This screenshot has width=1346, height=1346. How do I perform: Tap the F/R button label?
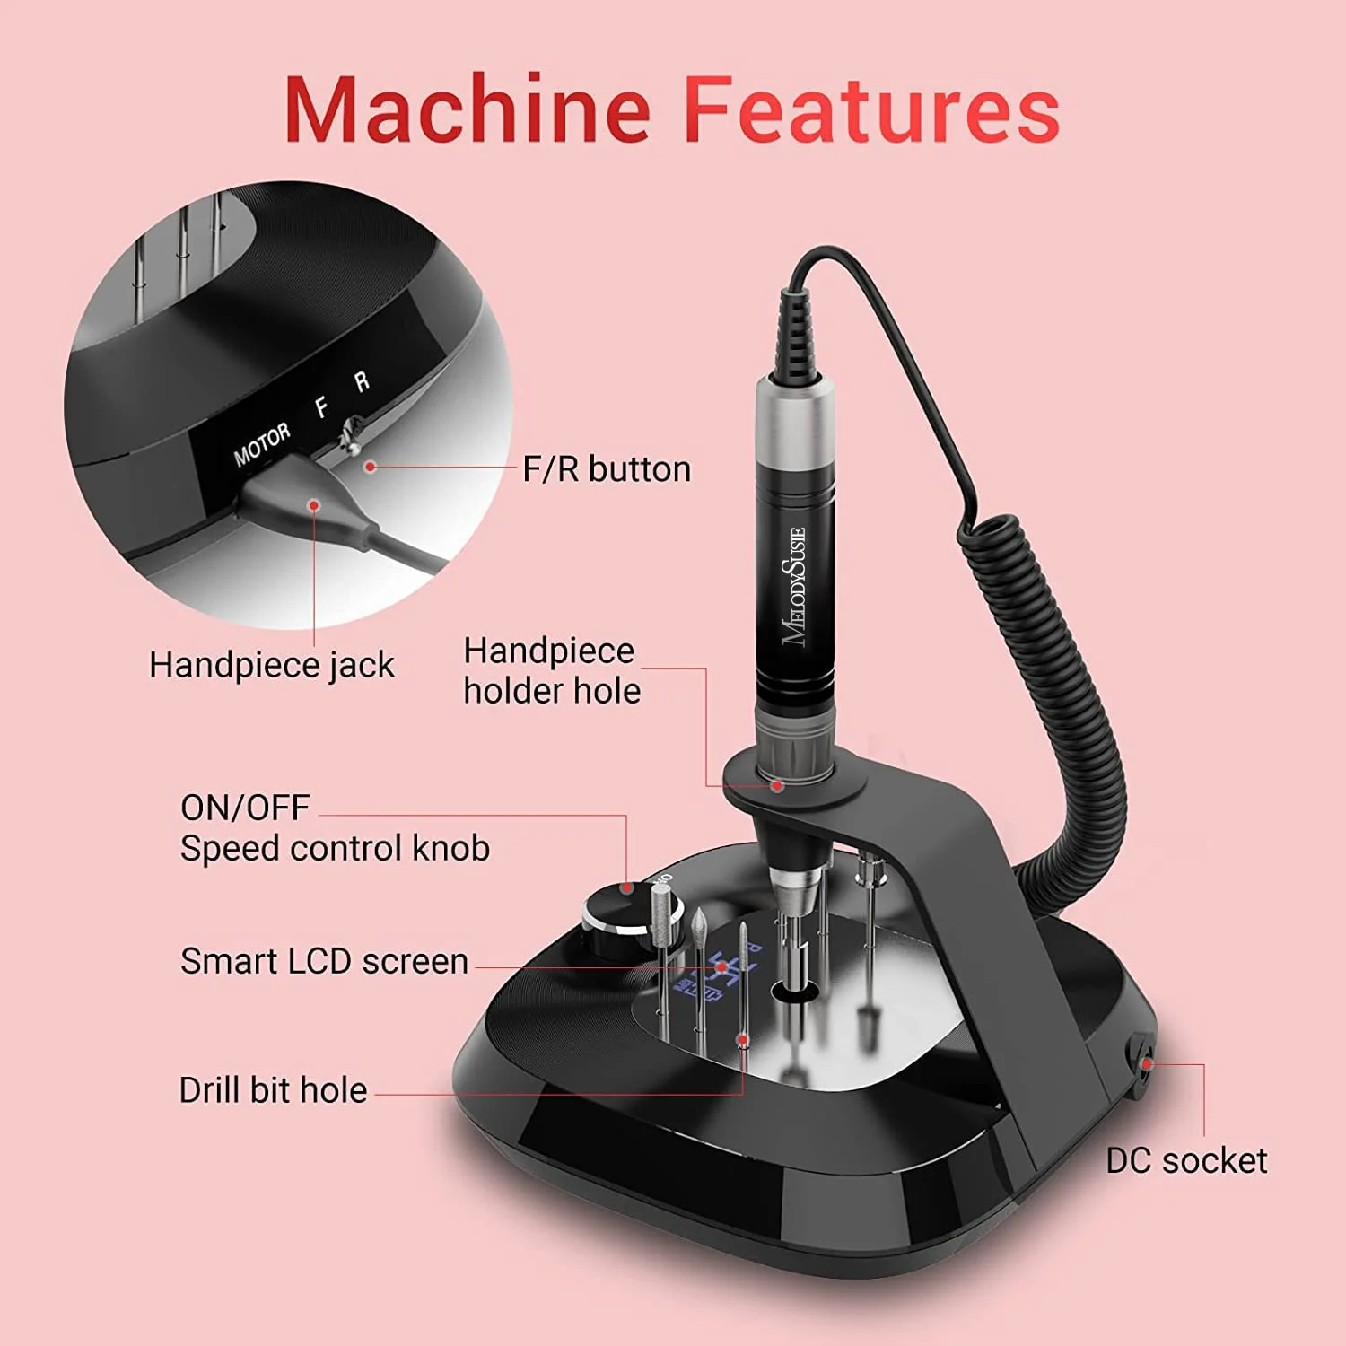click(607, 469)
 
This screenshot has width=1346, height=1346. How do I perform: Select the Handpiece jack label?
click(271, 665)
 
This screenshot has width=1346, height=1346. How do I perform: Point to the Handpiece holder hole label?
click(551, 670)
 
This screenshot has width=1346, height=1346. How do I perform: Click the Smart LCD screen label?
click(324, 961)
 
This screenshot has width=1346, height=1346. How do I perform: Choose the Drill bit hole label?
click(273, 1090)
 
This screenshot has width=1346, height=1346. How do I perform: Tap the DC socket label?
click(1186, 1160)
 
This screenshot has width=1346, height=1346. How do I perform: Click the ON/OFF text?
click(245, 808)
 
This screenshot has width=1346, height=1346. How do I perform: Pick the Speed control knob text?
click(335, 848)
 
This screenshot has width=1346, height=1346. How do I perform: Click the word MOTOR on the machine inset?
click(262, 444)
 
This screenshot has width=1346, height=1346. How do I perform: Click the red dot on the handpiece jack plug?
click(314, 505)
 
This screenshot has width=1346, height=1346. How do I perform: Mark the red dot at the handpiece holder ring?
click(777, 786)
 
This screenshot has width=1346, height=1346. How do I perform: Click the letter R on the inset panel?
click(362, 381)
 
